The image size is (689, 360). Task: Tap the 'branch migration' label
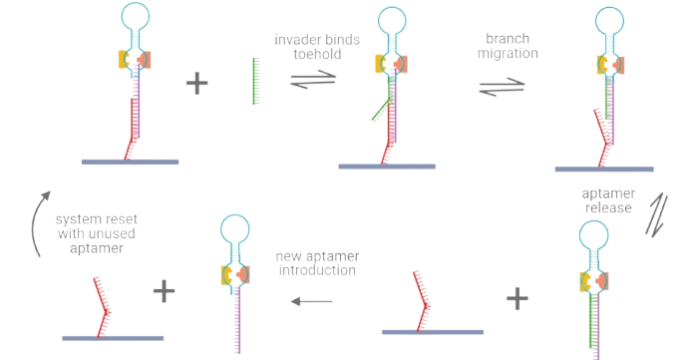point(509,46)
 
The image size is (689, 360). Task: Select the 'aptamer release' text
point(609,198)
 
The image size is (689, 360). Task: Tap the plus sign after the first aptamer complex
point(197,83)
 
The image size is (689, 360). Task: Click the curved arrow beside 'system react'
point(38,225)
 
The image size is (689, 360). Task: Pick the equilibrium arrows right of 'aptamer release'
point(659,214)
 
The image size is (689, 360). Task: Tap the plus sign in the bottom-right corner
point(516,297)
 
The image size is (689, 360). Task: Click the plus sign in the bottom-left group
point(166,292)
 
